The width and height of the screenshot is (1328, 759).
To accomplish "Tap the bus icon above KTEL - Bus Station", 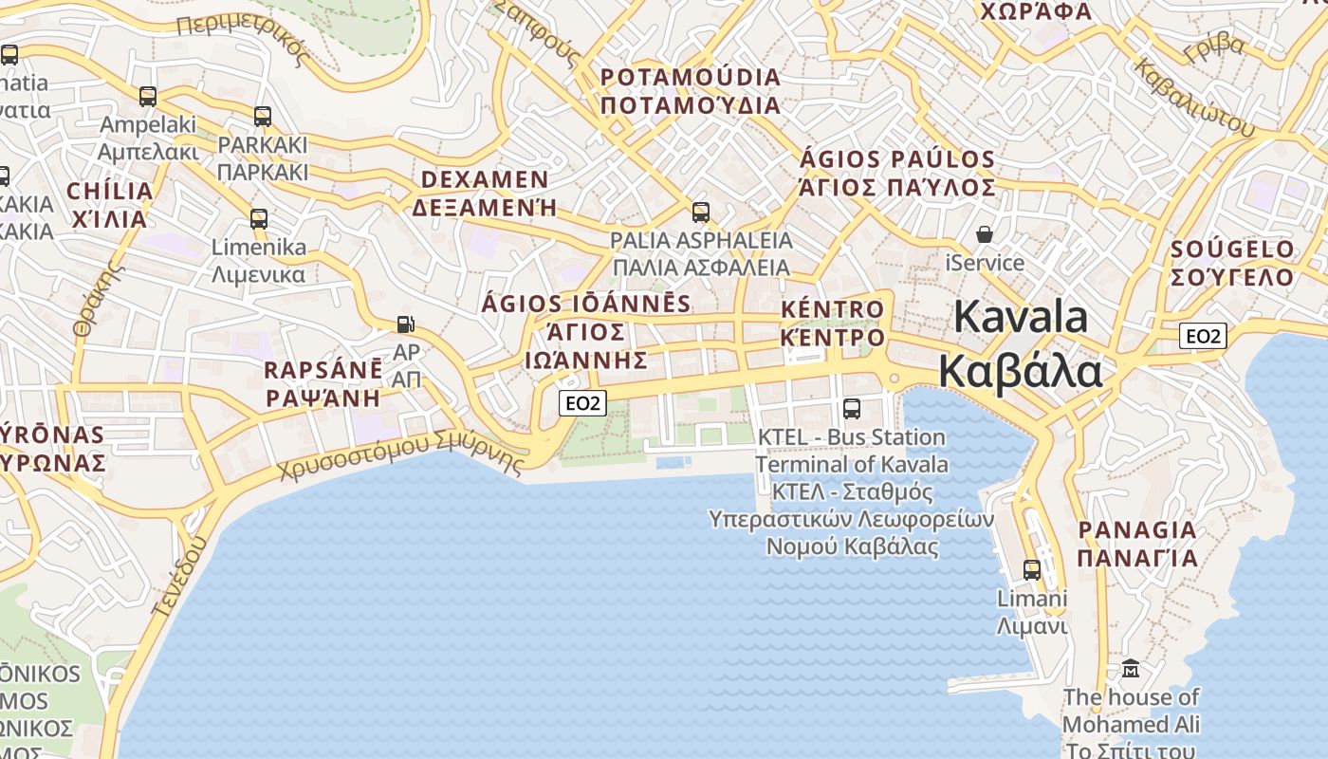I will tap(852, 409).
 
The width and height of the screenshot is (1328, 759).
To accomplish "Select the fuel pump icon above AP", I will tap(406, 324).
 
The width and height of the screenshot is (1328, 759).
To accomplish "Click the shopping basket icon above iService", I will tap(986, 233).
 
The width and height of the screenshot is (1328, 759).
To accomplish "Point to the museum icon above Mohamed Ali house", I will tap(1130, 669).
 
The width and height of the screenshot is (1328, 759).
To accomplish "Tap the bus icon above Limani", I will tap(1032, 570).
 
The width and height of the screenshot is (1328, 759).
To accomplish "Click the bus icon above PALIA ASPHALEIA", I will tap(701, 213).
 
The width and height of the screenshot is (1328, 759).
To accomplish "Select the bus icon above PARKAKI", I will tap(263, 117).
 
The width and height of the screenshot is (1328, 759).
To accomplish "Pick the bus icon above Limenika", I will tap(259, 219).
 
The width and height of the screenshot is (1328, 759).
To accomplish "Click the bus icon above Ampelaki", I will tap(148, 96).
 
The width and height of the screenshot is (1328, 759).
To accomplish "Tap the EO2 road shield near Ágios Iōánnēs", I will tap(581, 403).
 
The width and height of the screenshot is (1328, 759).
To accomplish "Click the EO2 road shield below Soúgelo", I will tap(1203, 335).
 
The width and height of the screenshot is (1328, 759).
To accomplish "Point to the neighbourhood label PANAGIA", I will tap(1137, 529).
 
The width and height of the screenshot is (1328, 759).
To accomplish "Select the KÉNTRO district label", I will tap(832, 309).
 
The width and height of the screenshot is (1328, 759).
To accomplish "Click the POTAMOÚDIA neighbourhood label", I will tap(691, 77).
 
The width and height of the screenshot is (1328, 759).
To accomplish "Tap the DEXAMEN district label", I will tap(485, 179).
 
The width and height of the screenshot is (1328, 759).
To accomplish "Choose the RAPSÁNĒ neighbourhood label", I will tap(323, 370).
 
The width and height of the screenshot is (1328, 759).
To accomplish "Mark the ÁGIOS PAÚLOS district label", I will tap(897, 159).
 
